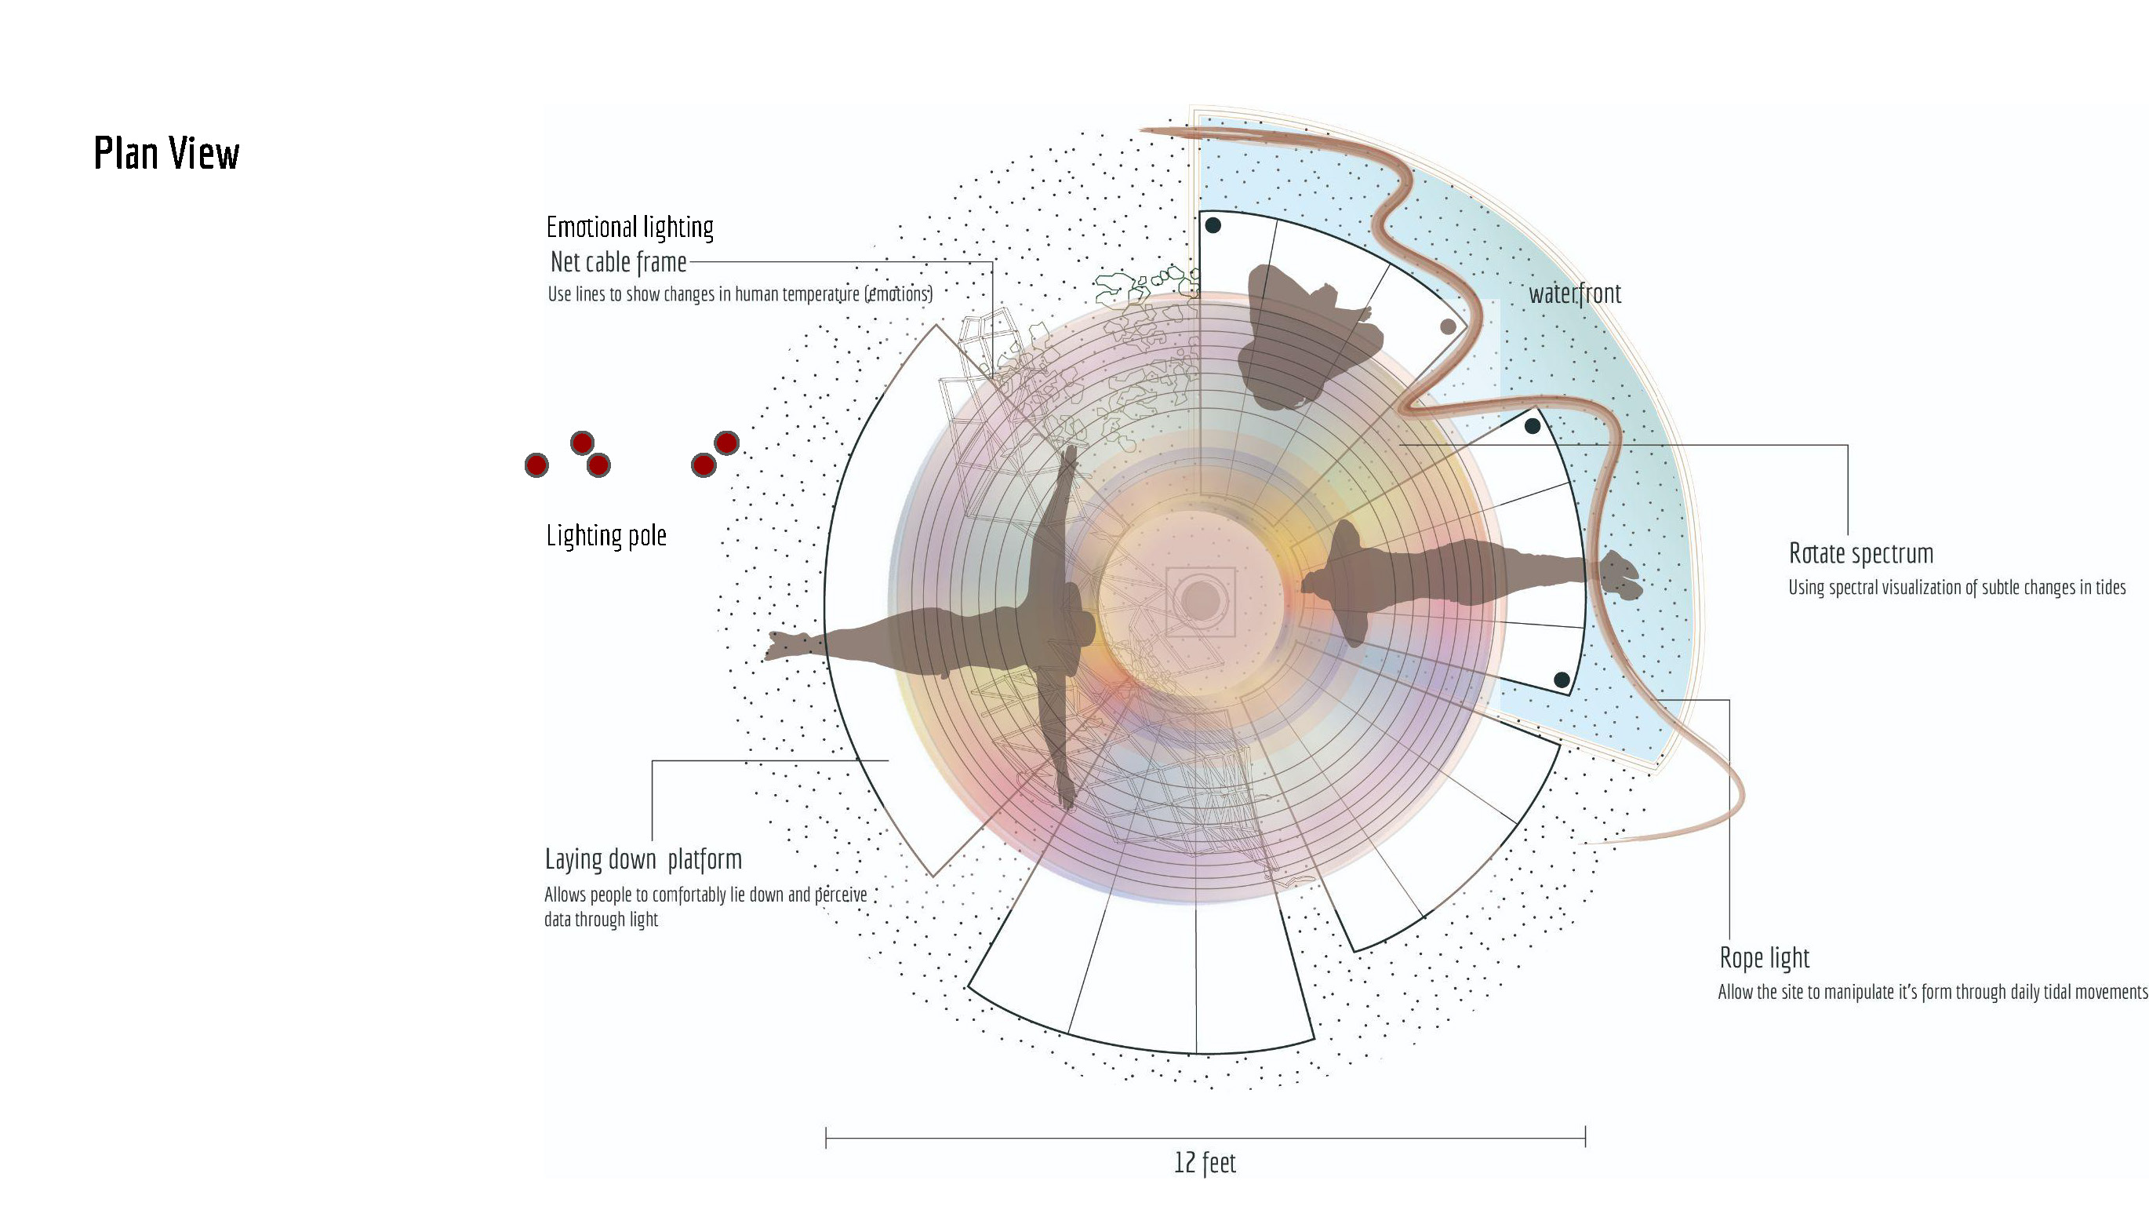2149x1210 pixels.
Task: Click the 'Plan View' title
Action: [x=166, y=154]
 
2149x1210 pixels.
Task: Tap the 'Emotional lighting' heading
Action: [x=630, y=227]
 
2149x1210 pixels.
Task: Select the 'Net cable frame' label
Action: [x=618, y=262]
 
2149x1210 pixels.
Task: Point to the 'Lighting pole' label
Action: [x=606, y=536]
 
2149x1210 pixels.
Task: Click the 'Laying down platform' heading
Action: [x=643, y=858]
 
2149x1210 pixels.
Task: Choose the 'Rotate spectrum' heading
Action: [x=1860, y=553]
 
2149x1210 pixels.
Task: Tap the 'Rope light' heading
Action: [x=1765, y=957]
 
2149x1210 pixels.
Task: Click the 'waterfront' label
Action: [x=1575, y=293]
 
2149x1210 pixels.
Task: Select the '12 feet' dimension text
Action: [x=1205, y=1162]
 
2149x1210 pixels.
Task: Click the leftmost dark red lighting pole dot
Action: [x=536, y=465]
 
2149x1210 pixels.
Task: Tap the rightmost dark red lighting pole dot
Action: [x=726, y=443]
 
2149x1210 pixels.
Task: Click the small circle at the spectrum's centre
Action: [x=1201, y=600]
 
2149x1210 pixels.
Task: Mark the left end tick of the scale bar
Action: [x=826, y=1137]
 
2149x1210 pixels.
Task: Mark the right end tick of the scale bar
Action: [x=1585, y=1136]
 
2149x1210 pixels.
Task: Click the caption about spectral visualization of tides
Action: [x=1956, y=588]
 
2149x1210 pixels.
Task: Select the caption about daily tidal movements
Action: [x=1932, y=992]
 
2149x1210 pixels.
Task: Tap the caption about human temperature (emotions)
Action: [x=740, y=293]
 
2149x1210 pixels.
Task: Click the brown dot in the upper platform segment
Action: [x=1449, y=326]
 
